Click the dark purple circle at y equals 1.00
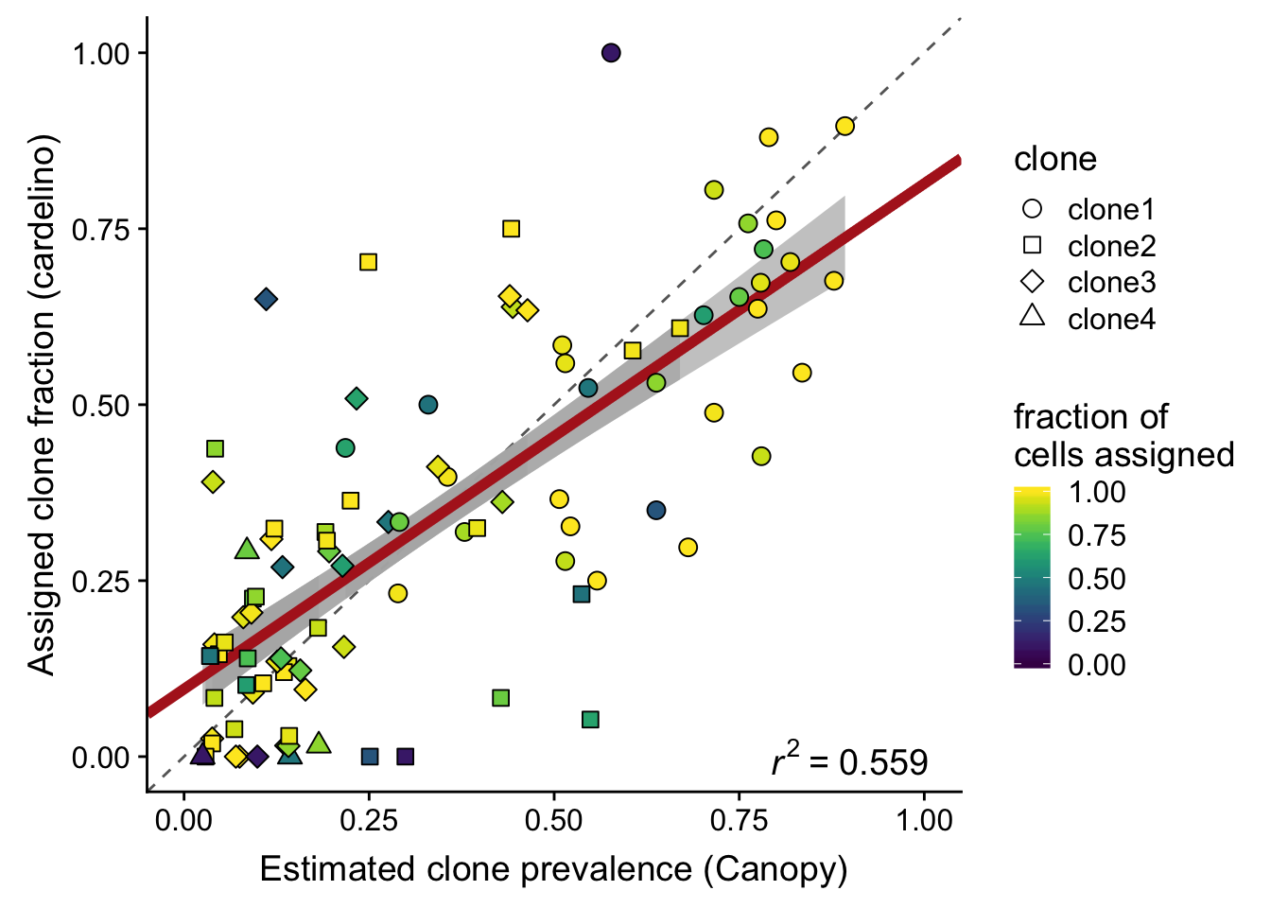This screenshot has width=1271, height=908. point(611,53)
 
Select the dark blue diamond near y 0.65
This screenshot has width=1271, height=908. point(267,300)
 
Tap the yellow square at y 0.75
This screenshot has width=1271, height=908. point(512,229)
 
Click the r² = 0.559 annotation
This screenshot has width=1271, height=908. point(849,760)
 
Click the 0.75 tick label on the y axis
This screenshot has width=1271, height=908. point(101,229)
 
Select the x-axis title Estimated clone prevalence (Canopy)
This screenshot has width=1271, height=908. point(553,869)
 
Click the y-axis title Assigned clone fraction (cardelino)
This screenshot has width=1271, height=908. point(43,405)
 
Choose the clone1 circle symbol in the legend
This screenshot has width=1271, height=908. point(1033,209)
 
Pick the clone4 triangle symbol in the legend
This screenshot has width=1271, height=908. point(1033,317)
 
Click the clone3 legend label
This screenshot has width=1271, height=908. point(1111,282)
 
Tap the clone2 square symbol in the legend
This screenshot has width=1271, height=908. point(1033,245)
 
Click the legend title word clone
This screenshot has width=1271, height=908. point(1055,159)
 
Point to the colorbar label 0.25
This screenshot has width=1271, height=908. point(1097,621)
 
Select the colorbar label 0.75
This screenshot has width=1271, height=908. point(1097,535)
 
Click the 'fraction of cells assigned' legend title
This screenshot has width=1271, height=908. point(1123,435)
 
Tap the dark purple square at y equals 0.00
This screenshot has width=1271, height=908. point(406,757)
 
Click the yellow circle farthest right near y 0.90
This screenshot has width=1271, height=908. point(845,126)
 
